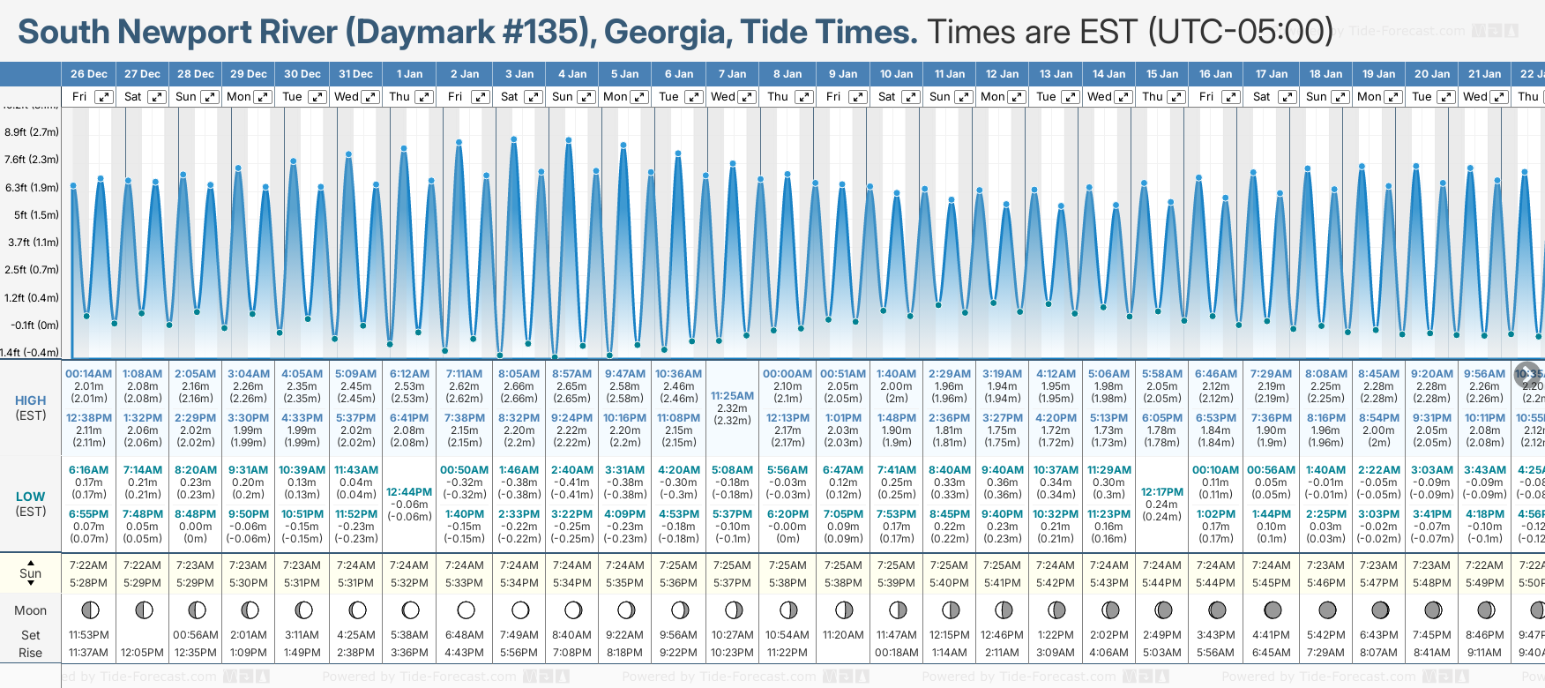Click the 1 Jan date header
click(x=409, y=74)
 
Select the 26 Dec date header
click(x=89, y=74)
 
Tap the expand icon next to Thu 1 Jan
click(x=423, y=97)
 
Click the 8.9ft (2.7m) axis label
click(x=32, y=132)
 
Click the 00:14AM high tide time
click(x=89, y=374)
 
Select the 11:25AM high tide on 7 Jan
click(x=733, y=396)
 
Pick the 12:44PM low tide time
click(x=409, y=492)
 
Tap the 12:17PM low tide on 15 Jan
click(x=1162, y=492)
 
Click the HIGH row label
click(x=31, y=400)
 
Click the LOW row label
click(x=31, y=497)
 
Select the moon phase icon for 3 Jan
click(x=520, y=610)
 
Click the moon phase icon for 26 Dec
click(x=89, y=610)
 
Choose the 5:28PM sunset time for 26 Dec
click(x=89, y=583)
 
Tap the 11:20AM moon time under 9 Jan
click(x=843, y=635)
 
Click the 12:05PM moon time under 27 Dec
click(x=143, y=653)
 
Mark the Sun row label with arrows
click(x=31, y=573)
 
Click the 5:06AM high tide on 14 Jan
click(x=1108, y=374)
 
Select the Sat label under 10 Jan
click(x=887, y=97)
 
